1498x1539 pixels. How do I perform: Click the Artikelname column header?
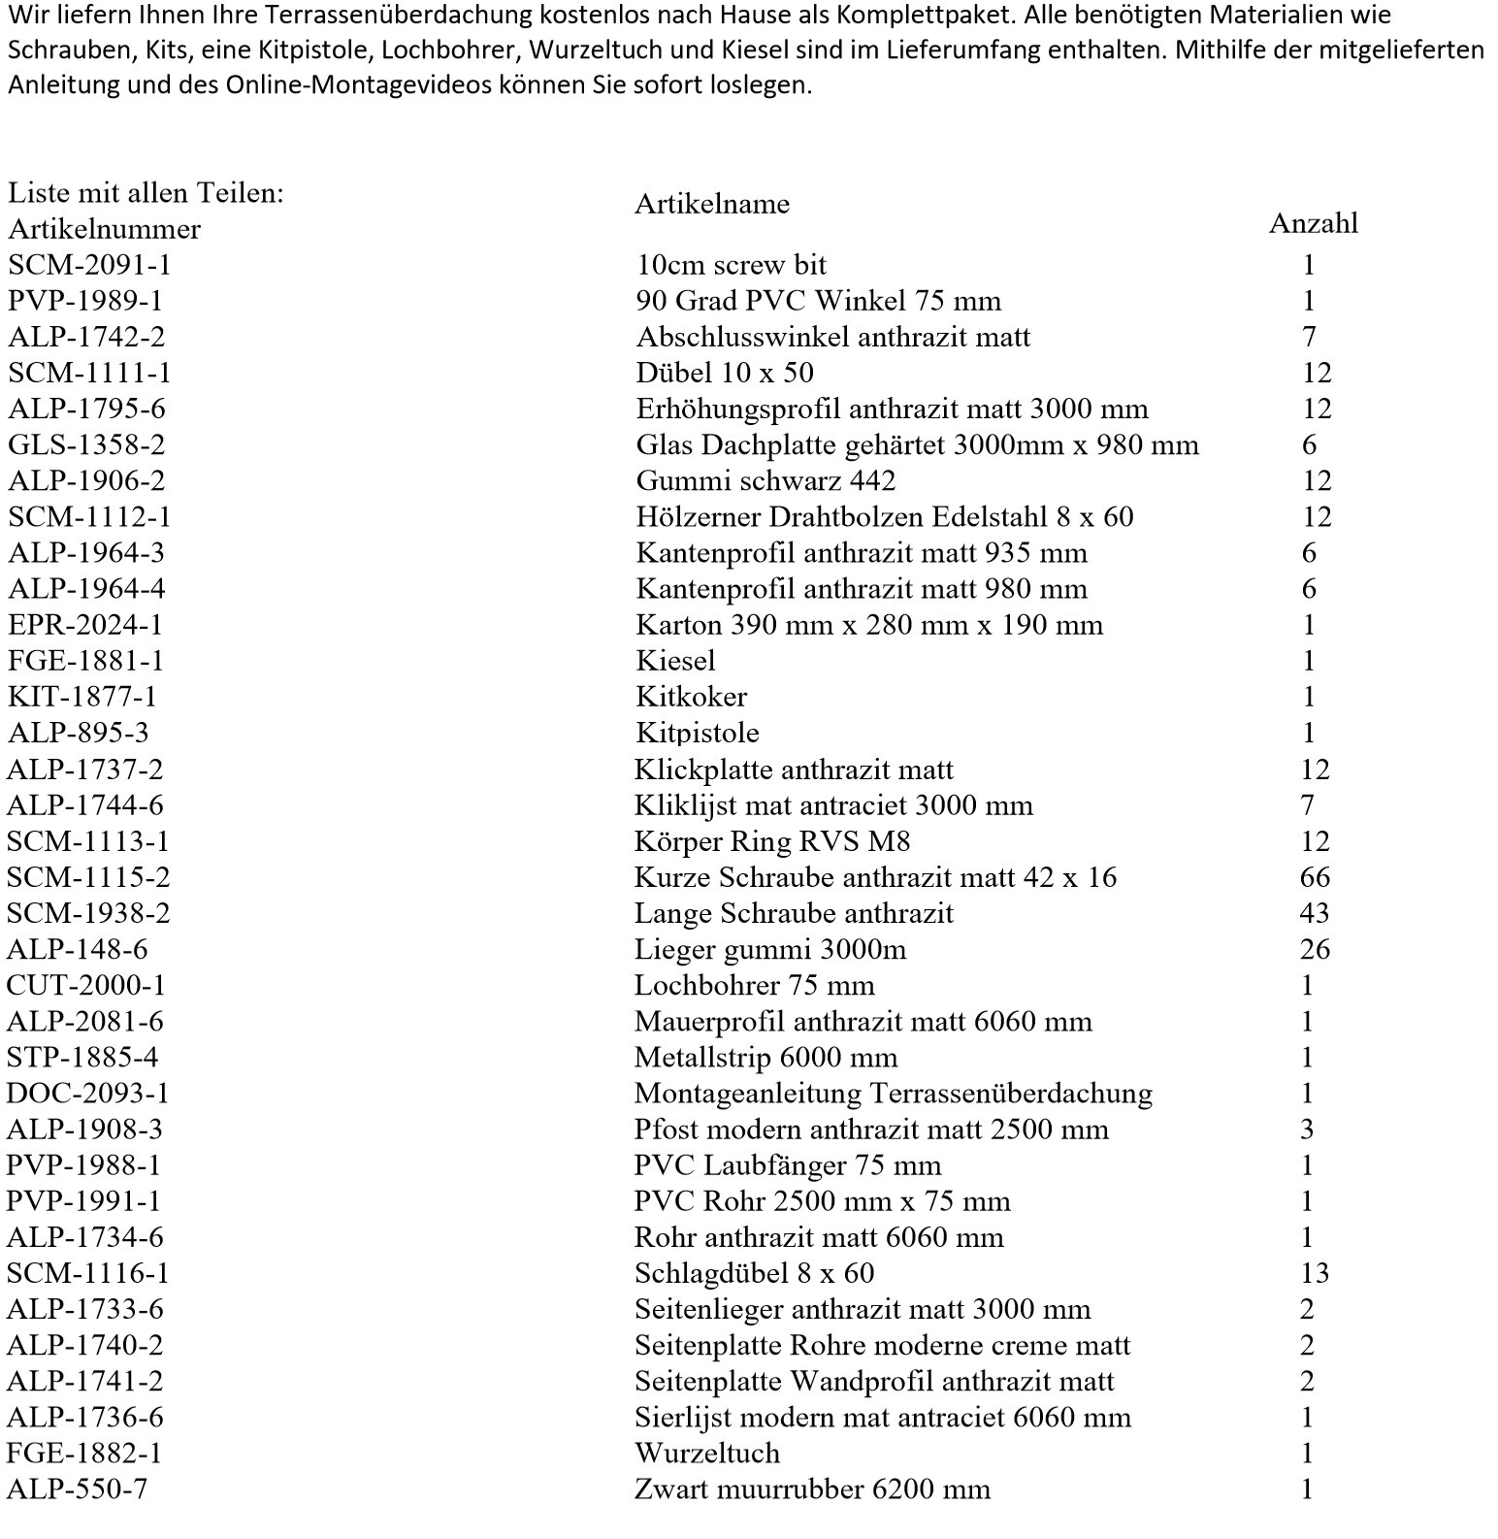coord(712,204)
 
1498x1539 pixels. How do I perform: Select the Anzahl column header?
coord(1313,223)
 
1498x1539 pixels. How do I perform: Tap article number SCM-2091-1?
coord(89,265)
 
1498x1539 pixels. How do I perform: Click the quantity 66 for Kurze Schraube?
coord(1315,877)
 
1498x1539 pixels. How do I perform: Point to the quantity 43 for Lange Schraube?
coord(1315,913)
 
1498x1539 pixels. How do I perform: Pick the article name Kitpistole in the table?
coord(697,733)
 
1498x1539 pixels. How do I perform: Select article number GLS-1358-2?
coord(86,444)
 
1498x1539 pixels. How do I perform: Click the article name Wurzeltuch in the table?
coord(706,1453)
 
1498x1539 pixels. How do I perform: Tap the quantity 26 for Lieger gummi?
coord(1315,949)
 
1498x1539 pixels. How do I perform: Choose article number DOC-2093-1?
coord(87,1094)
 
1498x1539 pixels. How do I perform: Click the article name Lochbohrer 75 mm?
coord(754,986)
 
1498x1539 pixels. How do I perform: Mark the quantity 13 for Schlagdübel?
coord(1315,1273)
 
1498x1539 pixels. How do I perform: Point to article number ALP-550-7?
coord(77,1489)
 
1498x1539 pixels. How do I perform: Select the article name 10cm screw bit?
coord(731,265)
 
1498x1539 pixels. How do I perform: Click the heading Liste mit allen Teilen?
coord(146,193)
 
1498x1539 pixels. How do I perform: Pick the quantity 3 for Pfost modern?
coord(1307,1130)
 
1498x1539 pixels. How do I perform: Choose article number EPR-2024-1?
coord(85,625)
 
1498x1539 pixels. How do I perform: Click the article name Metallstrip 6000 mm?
coord(765,1058)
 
